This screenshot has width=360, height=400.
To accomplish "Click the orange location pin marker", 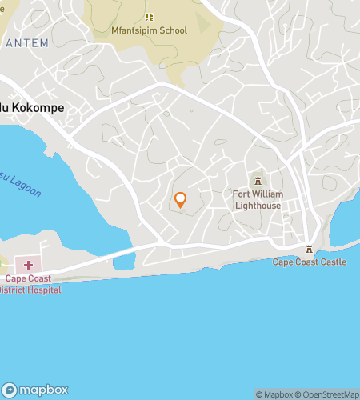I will tap(180, 199).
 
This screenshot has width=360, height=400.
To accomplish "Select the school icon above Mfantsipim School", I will tap(149, 16).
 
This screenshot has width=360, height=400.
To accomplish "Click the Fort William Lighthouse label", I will tap(257, 199).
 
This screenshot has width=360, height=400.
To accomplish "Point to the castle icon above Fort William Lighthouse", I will tap(257, 180).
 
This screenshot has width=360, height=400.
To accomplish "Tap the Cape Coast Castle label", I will tap(309, 262).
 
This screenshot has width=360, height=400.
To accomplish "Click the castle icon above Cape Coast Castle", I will tap(309, 249).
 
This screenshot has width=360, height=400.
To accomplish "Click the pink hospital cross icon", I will tap(28, 264).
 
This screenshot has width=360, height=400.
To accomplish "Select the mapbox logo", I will tap(34, 390).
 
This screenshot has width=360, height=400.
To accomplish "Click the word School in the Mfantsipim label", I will tap(173, 30).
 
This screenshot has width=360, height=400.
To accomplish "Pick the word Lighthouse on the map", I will tap(257, 205).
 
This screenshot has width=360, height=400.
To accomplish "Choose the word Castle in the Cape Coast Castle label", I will tap(332, 262).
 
